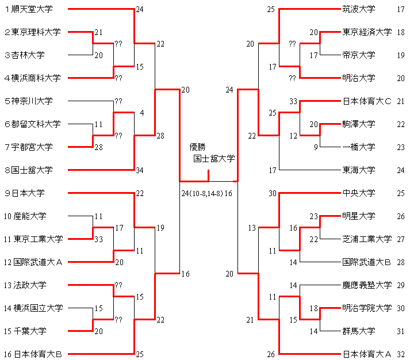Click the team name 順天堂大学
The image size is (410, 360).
coord(36,9)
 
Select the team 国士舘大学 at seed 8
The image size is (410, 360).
coord(36,170)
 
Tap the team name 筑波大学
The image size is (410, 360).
coord(358,9)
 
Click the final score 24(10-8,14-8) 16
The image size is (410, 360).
coord(206,193)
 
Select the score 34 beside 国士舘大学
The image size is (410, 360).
coord(140,170)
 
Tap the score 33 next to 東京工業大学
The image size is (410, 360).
coord(98,239)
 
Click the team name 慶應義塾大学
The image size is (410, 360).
coord(366,285)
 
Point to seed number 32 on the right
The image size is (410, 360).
coord(401,354)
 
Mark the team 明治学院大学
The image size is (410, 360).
coord(366,308)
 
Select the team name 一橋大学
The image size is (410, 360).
coord(358,147)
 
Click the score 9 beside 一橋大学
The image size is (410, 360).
coord(316,147)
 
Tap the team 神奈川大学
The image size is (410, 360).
coord(32,101)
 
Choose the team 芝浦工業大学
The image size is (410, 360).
coord(366,239)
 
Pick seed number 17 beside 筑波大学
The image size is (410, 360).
coord(401,9)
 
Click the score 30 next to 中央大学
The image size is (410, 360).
coord(272,193)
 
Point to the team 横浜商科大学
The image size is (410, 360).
coord(36,78)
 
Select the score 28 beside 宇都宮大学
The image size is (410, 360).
coord(98,148)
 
